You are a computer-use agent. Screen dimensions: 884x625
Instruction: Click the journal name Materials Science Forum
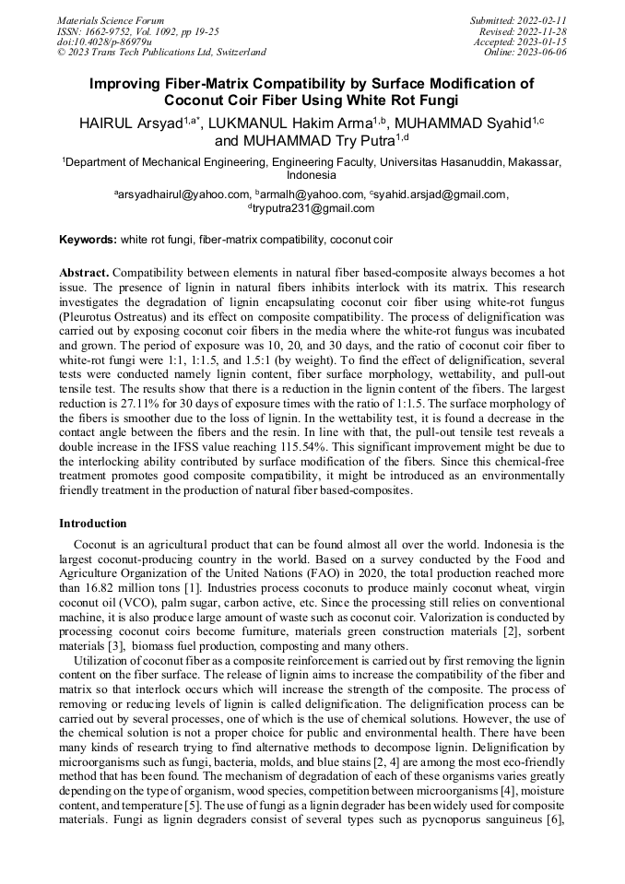click(x=111, y=20)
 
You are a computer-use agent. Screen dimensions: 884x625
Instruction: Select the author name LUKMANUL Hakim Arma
click(x=294, y=124)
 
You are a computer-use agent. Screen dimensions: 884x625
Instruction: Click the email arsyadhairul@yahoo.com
click(x=183, y=194)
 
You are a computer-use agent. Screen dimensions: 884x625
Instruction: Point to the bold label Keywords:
click(x=88, y=240)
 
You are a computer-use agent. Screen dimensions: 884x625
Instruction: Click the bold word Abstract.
click(x=84, y=274)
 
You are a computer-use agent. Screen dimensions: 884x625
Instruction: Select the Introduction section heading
click(x=93, y=524)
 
